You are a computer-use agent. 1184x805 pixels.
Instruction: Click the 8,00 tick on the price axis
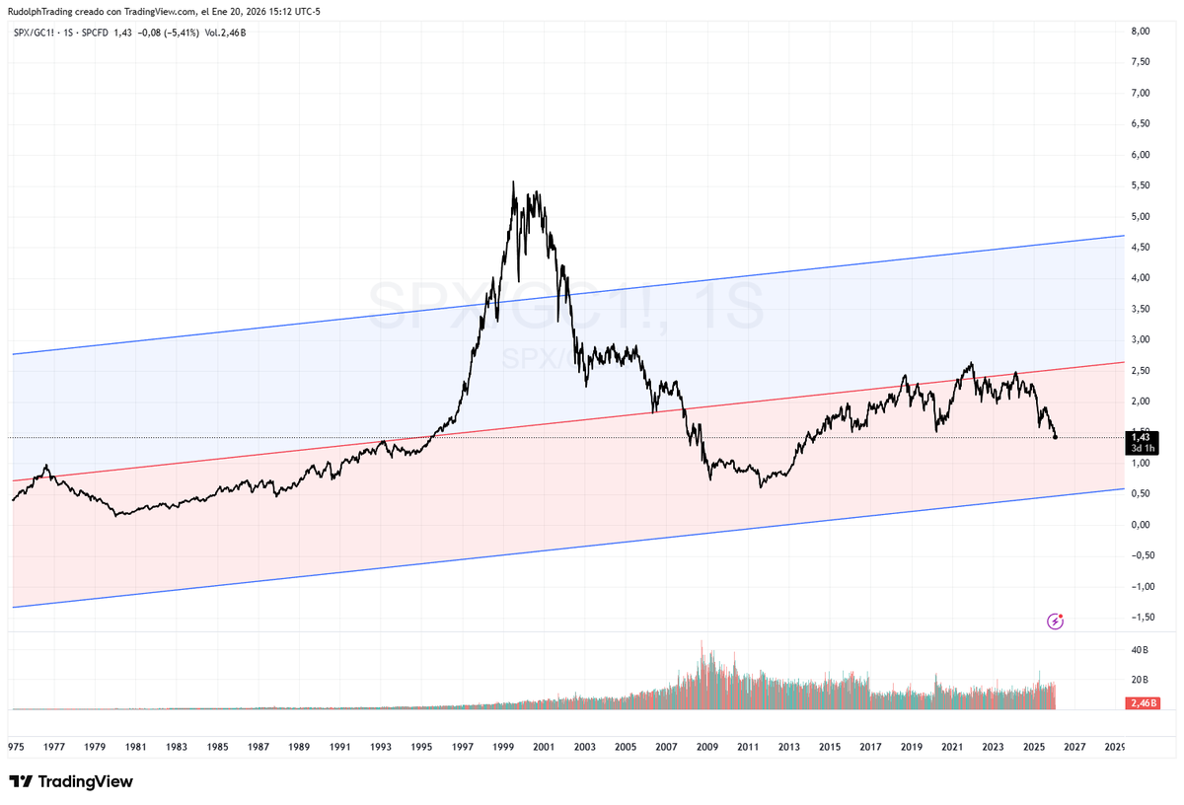point(1141,32)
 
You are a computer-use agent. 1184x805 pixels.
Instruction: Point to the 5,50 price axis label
point(1141,185)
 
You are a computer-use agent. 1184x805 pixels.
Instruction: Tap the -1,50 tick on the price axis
point(1139,617)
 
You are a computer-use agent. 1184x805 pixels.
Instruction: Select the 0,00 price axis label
point(1141,524)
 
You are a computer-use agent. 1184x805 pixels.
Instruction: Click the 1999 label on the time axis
point(502,747)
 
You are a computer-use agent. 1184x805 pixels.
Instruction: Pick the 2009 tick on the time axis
point(706,747)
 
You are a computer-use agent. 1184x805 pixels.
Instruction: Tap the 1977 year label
point(54,747)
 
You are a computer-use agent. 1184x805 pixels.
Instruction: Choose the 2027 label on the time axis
point(1074,747)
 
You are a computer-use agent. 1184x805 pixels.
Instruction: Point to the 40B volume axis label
point(1140,650)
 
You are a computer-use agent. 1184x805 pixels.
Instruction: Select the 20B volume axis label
point(1140,680)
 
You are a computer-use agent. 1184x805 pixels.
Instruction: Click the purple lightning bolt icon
point(1056,621)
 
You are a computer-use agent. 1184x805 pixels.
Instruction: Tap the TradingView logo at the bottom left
point(71,781)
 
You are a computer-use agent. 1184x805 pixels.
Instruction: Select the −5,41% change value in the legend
point(178,33)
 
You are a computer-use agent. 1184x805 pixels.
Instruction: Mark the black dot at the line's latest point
point(1056,437)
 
